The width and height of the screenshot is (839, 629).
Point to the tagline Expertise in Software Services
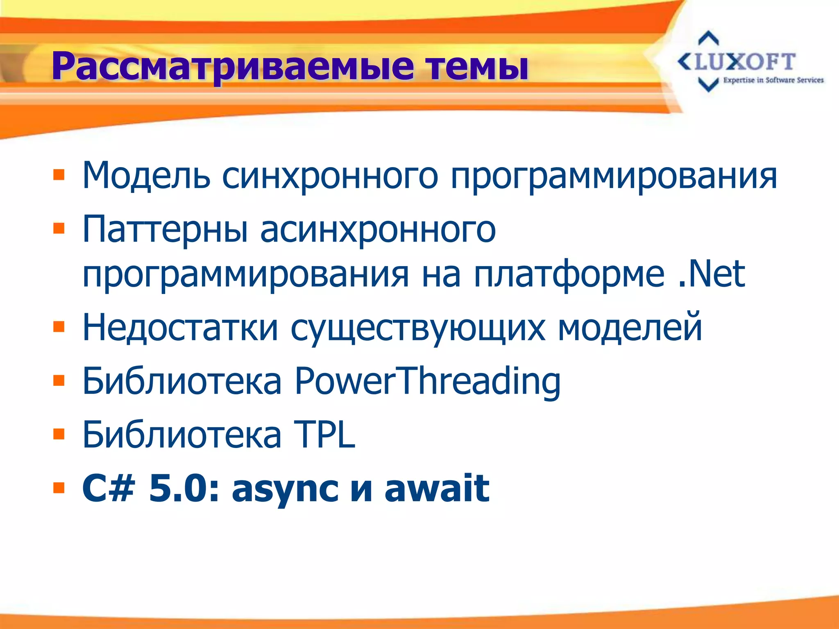(773, 80)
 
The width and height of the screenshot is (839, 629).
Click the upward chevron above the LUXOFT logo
(708, 38)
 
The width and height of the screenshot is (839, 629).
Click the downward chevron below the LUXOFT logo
(708, 85)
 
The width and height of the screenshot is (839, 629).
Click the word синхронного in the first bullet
(330, 176)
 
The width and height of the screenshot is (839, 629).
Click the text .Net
(711, 274)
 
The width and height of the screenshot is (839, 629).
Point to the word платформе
(569, 274)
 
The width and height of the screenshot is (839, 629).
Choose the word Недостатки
(180, 328)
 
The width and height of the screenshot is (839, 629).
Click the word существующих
(418, 328)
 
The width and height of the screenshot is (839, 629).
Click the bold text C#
(109, 488)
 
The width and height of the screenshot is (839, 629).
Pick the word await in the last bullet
(437, 488)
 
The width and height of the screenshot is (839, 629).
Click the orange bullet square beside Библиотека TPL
(59, 434)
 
